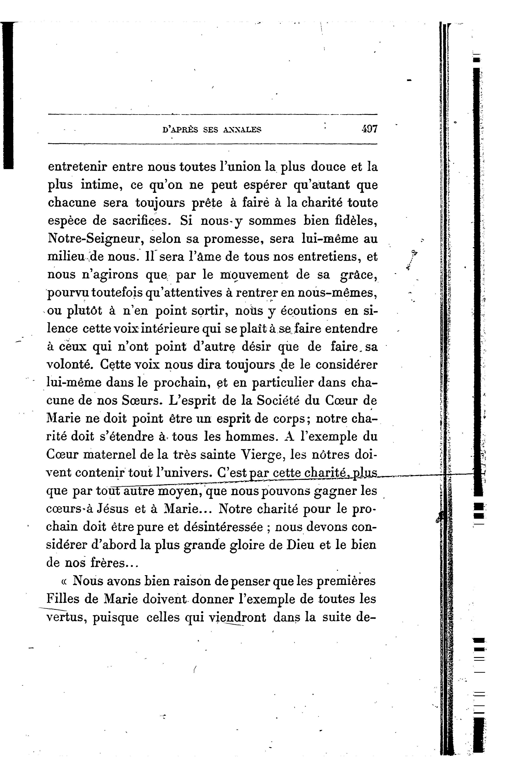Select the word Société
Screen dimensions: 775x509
pyautogui.click(x=278, y=401)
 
